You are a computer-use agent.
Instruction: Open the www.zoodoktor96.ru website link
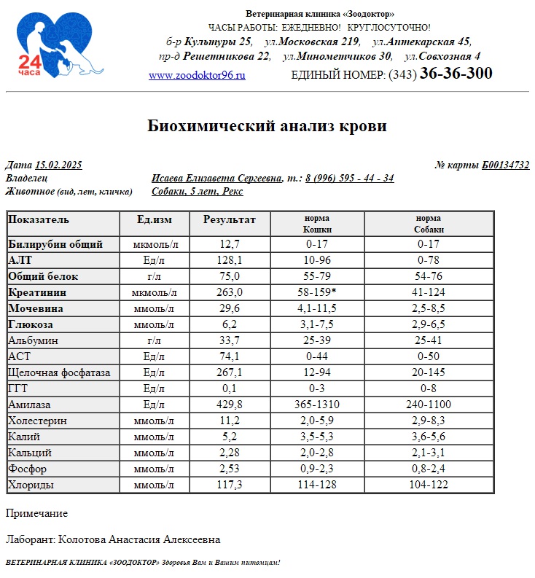coord(197,75)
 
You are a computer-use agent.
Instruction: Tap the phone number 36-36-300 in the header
coord(456,74)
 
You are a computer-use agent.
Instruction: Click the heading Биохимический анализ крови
coord(267,126)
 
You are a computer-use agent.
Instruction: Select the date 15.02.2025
coord(58,165)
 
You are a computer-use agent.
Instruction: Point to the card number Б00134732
coord(505,165)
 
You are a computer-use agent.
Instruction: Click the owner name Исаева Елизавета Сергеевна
coord(216,179)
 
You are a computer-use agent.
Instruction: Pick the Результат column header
coord(230,219)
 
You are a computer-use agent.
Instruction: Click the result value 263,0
coord(230,292)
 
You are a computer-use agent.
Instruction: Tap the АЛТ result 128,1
coord(230,260)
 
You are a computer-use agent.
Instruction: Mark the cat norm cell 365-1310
coord(317,405)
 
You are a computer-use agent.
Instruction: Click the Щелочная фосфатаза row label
coord(59,372)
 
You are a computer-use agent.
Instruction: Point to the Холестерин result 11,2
coord(230,421)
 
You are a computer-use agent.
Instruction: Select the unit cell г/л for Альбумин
coord(155,340)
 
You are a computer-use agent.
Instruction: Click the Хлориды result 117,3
coord(230,485)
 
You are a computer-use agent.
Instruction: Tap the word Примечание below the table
coord(36,513)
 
